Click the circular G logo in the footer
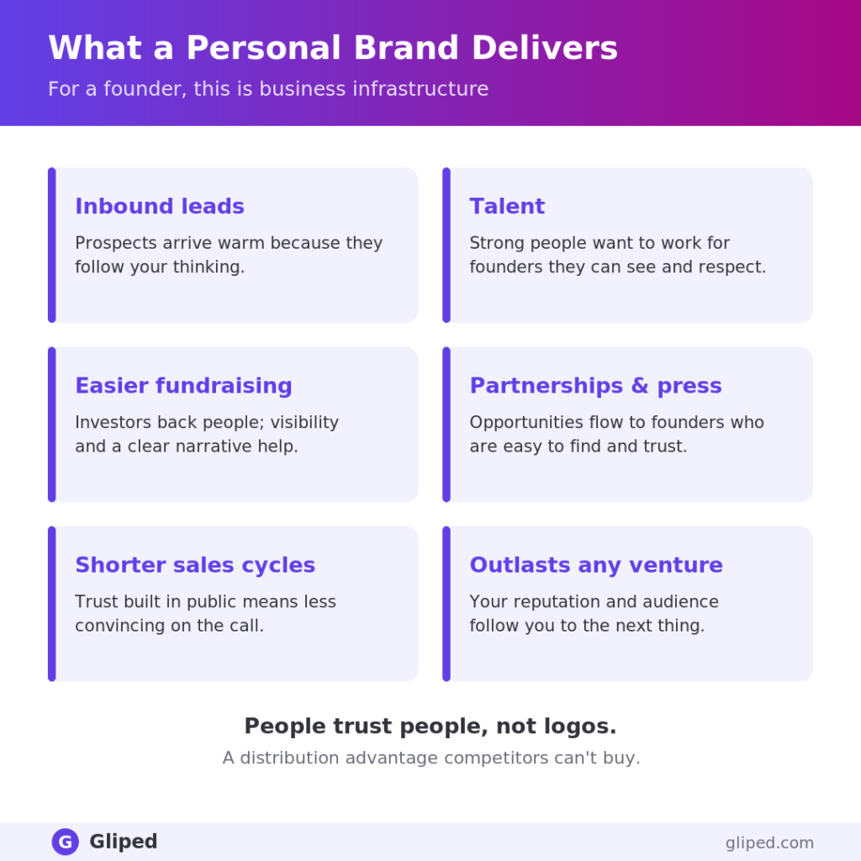click(x=66, y=841)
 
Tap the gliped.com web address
click(x=769, y=843)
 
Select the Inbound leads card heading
click(x=160, y=206)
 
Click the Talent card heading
click(x=507, y=206)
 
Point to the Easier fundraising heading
click(x=183, y=385)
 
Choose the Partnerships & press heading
click(x=596, y=385)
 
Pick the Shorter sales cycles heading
click(x=195, y=565)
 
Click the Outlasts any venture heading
click(x=596, y=565)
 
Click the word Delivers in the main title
click(x=545, y=47)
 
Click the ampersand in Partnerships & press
click(x=640, y=385)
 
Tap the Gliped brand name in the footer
click(x=123, y=841)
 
